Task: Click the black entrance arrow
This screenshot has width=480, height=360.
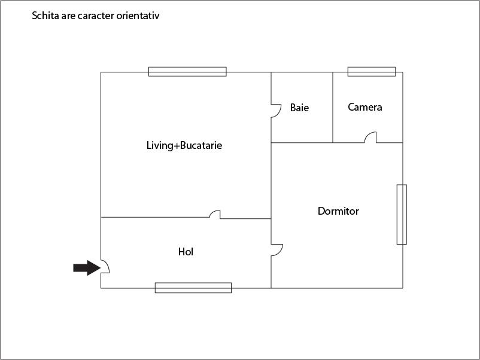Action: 86,268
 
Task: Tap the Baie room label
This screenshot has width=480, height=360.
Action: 299,108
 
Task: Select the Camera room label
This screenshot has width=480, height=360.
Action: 364,108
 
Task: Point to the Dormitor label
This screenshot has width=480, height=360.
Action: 338,211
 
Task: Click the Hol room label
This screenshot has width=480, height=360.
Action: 186,252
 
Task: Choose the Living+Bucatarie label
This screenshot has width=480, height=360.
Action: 184,145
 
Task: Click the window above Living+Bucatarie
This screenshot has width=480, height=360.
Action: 187,72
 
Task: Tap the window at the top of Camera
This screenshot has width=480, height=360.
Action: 372,72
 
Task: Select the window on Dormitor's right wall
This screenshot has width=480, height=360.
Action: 402,214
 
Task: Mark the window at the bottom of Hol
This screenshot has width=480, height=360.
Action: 193,288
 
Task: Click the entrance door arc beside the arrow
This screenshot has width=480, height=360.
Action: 105,266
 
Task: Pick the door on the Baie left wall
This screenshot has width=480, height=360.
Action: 276,111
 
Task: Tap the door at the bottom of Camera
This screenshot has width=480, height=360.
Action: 370,138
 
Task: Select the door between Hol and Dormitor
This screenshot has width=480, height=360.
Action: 276,250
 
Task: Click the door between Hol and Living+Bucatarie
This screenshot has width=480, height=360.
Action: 215,213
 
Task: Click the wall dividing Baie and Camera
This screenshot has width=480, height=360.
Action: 333,108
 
